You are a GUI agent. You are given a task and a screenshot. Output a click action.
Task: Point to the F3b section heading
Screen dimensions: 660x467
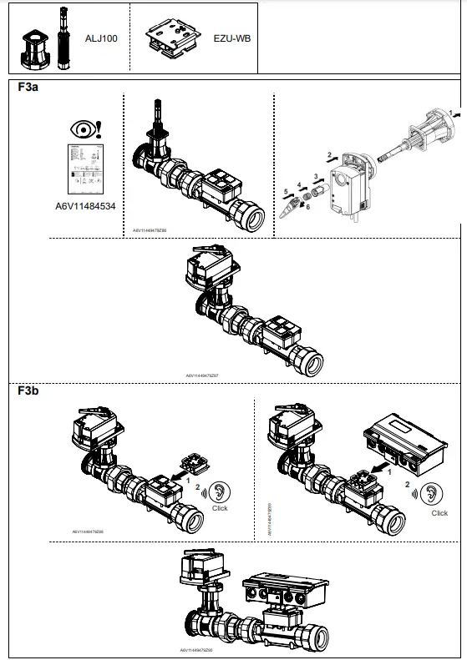click(28, 390)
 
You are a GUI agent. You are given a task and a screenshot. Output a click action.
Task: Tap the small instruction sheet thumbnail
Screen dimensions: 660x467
click(84, 169)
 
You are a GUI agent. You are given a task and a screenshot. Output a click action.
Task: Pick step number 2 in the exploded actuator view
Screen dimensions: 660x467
click(328, 154)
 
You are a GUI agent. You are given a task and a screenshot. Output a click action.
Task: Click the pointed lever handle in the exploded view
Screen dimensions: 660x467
click(290, 209)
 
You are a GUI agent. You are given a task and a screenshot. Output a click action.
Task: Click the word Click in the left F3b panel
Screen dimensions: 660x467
click(220, 508)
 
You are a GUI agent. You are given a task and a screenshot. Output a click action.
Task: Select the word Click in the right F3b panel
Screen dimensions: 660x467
click(439, 513)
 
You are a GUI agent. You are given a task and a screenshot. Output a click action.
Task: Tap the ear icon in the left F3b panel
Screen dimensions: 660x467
click(219, 491)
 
